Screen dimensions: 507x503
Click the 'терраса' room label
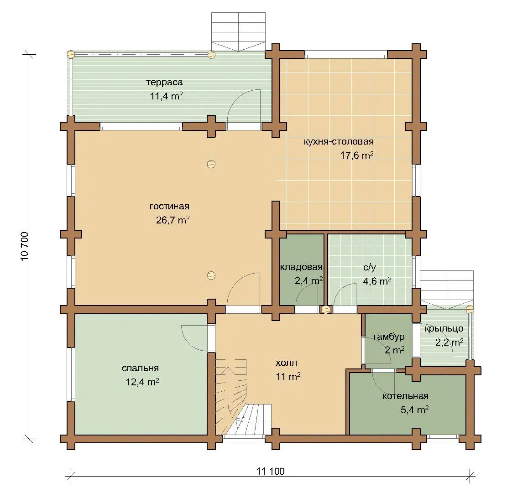pos(164,83)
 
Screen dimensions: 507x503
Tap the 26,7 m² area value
pos(172,220)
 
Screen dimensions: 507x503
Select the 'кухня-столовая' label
pos(339,141)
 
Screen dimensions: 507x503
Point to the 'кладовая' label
pos(301,267)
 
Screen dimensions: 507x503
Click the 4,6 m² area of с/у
pos(377,281)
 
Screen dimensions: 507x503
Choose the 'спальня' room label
pos(141,368)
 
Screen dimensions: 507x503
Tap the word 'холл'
pos(286,363)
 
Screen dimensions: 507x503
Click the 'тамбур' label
pos(388,337)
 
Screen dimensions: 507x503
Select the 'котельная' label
pos(405,396)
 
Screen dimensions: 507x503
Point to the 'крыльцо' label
pos(444,329)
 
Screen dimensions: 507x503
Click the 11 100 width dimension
pos(271,472)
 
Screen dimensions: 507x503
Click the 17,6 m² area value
pos(357,156)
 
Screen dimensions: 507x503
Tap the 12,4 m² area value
pos(142,382)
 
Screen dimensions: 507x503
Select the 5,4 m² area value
pos(414,410)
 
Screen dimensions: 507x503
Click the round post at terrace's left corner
pos(71,54)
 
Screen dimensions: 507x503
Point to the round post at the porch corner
pos(470,309)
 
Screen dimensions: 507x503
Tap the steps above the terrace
pos(238,31)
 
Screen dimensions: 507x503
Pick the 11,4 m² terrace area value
pos(166,96)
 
